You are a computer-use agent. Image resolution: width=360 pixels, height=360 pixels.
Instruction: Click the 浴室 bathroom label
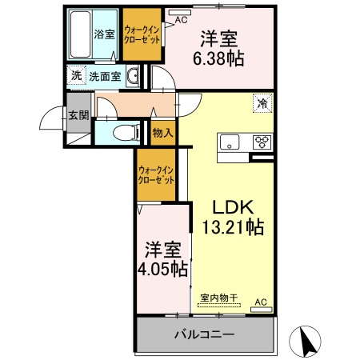tap(104, 34)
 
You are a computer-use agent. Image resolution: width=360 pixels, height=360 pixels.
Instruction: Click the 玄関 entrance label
tap(77, 114)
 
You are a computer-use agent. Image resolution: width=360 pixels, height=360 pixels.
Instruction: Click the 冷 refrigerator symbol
tap(261, 102)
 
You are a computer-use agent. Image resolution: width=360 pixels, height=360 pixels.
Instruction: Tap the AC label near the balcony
tap(260, 302)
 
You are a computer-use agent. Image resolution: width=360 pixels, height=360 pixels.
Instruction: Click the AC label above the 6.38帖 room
tap(181, 18)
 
